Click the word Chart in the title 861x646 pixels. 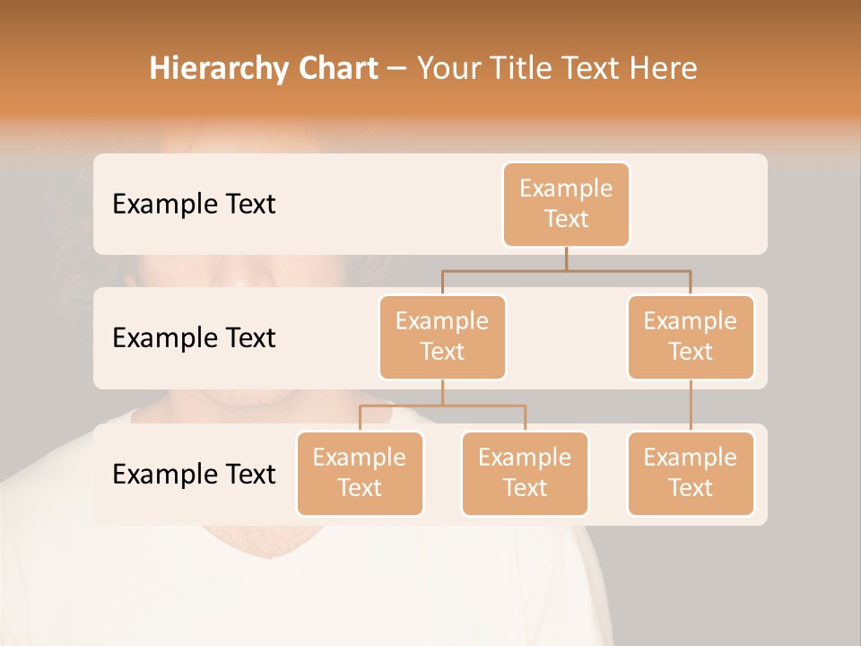coord(333,69)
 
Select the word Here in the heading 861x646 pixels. coord(662,69)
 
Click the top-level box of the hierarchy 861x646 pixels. coord(566,204)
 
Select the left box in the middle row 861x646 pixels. coord(442,336)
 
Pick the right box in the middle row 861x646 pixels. coord(691,336)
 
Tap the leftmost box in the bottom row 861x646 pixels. coord(360,473)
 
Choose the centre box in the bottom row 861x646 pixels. coord(525,473)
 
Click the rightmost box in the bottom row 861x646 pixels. coord(691,473)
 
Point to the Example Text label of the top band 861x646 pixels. coord(194,205)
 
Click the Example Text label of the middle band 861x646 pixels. coord(194,338)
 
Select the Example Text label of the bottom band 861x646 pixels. coord(194,474)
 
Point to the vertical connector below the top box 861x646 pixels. coord(566,258)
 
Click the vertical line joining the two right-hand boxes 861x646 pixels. coord(691,406)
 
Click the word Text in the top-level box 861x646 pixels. coord(566,219)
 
